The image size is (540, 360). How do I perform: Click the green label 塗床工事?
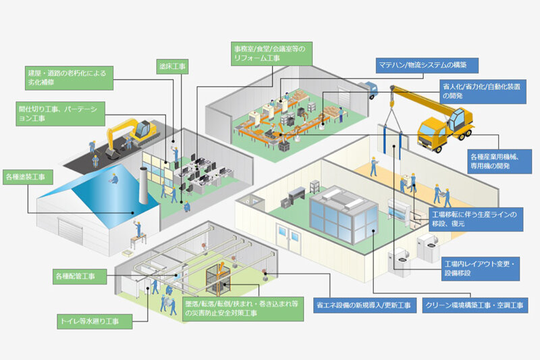pyautogui.click(x=172, y=66)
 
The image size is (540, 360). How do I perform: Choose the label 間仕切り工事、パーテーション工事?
pyautogui.click(x=61, y=113)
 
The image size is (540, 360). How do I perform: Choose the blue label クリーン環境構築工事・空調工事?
pyautogui.click(x=475, y=305)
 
